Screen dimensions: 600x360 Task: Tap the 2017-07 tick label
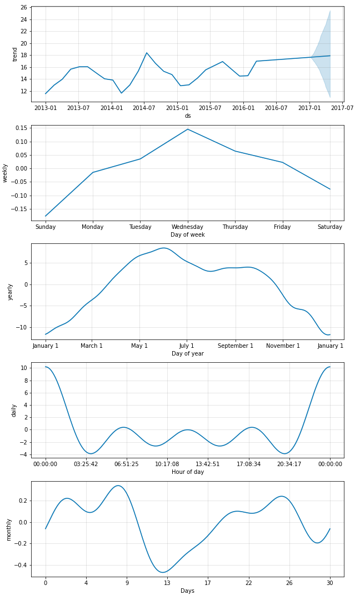[x=342, y=108]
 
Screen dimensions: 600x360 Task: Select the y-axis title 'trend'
[x=15, y=54]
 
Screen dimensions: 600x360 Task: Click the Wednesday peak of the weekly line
[x=188, y=129]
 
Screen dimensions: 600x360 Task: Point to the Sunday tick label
[x=46, y=227]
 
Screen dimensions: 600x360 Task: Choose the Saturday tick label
[x=330, y=227]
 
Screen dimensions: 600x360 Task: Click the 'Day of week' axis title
[x=188, y=234]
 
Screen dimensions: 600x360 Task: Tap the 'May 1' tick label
[x=139, y=346]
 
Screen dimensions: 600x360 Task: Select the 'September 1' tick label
[x=235, y=346]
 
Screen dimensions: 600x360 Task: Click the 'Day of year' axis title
[x=188, y=353]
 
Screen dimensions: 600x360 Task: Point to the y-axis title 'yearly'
[x=10, y=292]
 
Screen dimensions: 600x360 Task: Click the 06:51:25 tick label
[x=126, y=464]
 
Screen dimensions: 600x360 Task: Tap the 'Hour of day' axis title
[x=188, y=472]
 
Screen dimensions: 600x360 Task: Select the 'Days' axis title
[x=188, y=591]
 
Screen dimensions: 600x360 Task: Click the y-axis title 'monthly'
[x=8, y=529]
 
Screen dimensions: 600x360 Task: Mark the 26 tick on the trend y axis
[x=23, y=7]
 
